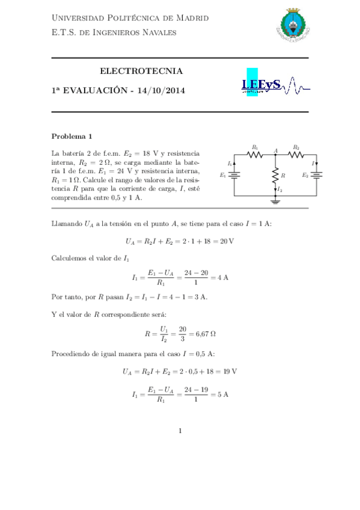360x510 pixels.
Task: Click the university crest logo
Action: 293,26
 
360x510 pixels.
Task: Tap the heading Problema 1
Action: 72,136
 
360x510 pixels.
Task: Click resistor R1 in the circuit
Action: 255,154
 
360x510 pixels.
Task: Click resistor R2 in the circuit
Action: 296,154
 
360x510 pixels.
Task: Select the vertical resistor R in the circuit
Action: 275,175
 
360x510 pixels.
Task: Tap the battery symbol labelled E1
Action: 234,176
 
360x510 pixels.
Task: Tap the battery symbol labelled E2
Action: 316,176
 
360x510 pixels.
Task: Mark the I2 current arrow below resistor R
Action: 275,189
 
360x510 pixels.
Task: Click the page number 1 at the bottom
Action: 180,431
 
